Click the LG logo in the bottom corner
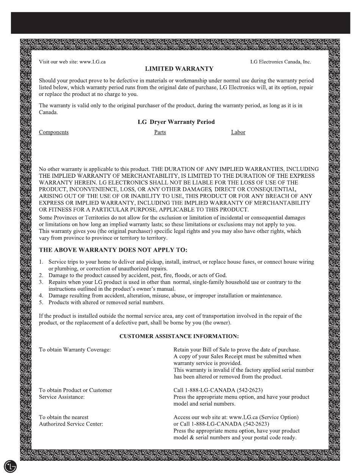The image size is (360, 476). pyautogui.click(x=10, y=467)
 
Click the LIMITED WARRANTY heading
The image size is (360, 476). pyautogui.click(x=179, y=69)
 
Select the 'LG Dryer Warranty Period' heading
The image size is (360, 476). pyautogui.click(x=176, y=122)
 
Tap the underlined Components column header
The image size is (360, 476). pyautogui.click(x=54, y=132)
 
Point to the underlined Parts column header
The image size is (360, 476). pyautogui.click(x=160, y=132)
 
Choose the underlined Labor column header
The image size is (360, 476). pyautogui.click(x=238, y=132)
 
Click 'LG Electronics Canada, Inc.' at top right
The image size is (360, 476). pyautogui.click(x=280, y=62)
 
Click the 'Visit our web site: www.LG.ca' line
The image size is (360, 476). pyautogui.click(x=72, y=62)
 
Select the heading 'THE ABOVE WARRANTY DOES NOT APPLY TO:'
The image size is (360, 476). pyautogui.click(x=113, y=250)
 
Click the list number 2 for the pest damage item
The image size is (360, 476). pyautogui.click(x=41, y=276)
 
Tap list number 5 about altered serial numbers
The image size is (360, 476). pyautogui.click(x=41, y=302)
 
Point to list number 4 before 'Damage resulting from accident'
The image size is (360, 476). pyautogui.click(x=41, y=296)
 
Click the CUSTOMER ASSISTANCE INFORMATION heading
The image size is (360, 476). pyautogui.click(x=179, y=336)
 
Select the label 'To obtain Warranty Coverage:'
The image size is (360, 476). pyautogui.click(x=75, y=349)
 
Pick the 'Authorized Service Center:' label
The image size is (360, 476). pyautogui.click(x=71, y=424)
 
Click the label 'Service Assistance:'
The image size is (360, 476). pyautogui.click(x=62, y=397)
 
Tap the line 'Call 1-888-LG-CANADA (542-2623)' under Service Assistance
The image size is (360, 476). pyautogui.click(x=218, y=390)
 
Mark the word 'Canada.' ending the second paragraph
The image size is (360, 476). pyautogui.click(x=49, y=113)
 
